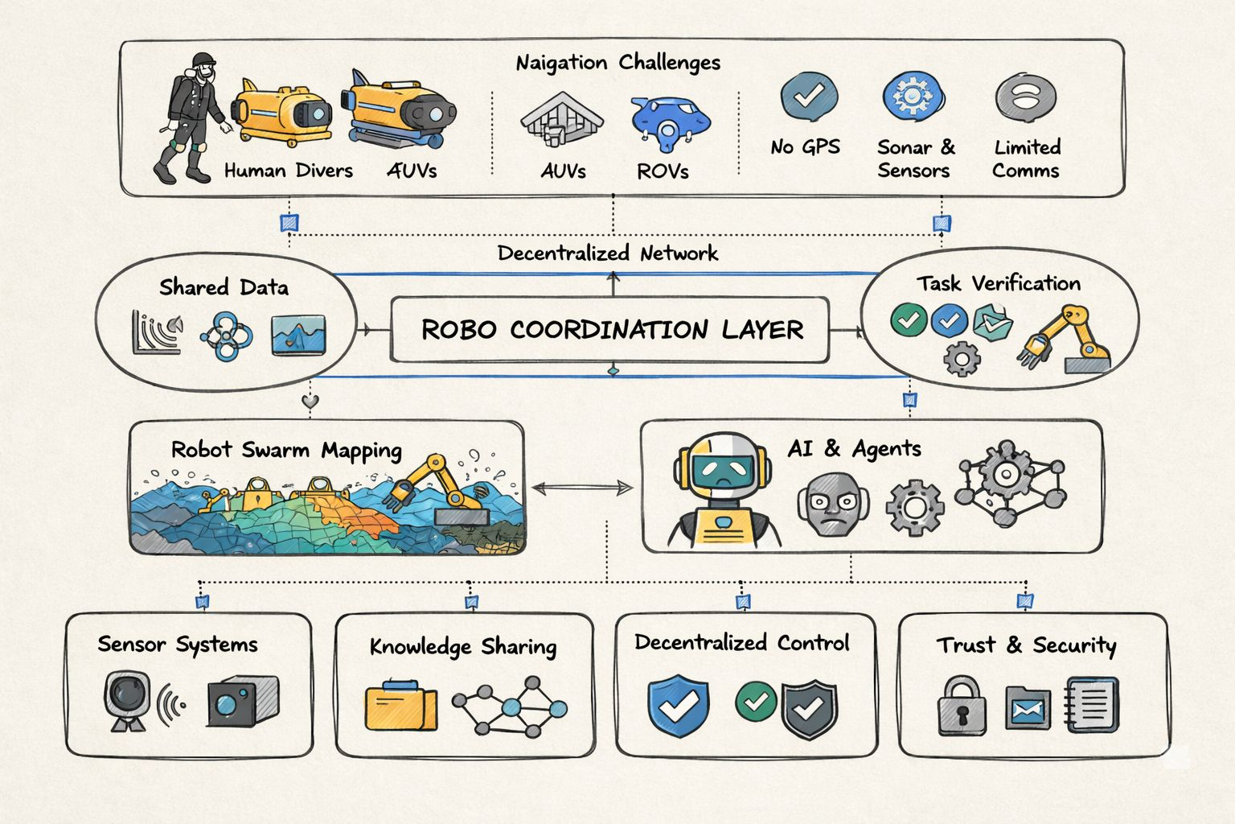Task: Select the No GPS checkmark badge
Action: pos(808,97)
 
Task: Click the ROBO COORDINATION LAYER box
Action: pos(609,329)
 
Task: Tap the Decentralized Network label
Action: pos(608,253)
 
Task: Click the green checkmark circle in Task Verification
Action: pos(909,320)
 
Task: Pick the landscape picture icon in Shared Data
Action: pos(298,335)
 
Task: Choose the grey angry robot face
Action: pos(834,505)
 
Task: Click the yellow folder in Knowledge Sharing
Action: pos(401,707)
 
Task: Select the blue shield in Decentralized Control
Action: pos(679,706)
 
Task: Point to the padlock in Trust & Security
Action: pos(962,706)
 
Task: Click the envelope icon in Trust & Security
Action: pos(1028,709)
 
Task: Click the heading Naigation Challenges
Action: pos(617,63)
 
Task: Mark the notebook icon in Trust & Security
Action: pos(1092,705)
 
